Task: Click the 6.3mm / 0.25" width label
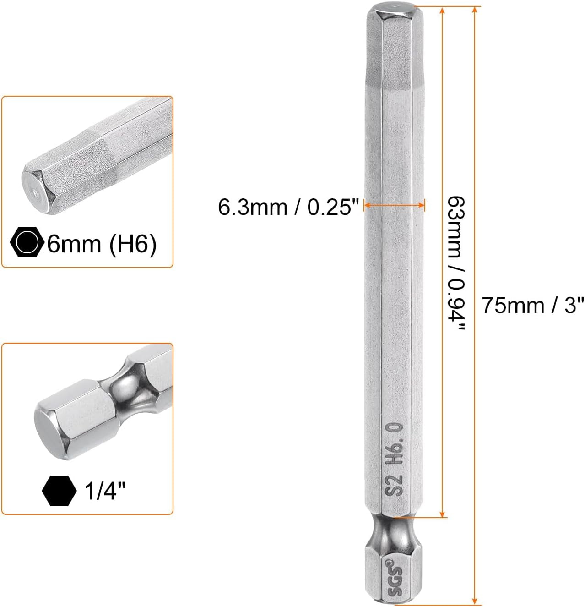288,207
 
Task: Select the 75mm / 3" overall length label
533,306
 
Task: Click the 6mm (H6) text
102,244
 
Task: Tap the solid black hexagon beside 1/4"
59,490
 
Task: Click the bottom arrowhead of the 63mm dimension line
442,514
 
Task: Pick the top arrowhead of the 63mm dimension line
442,10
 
